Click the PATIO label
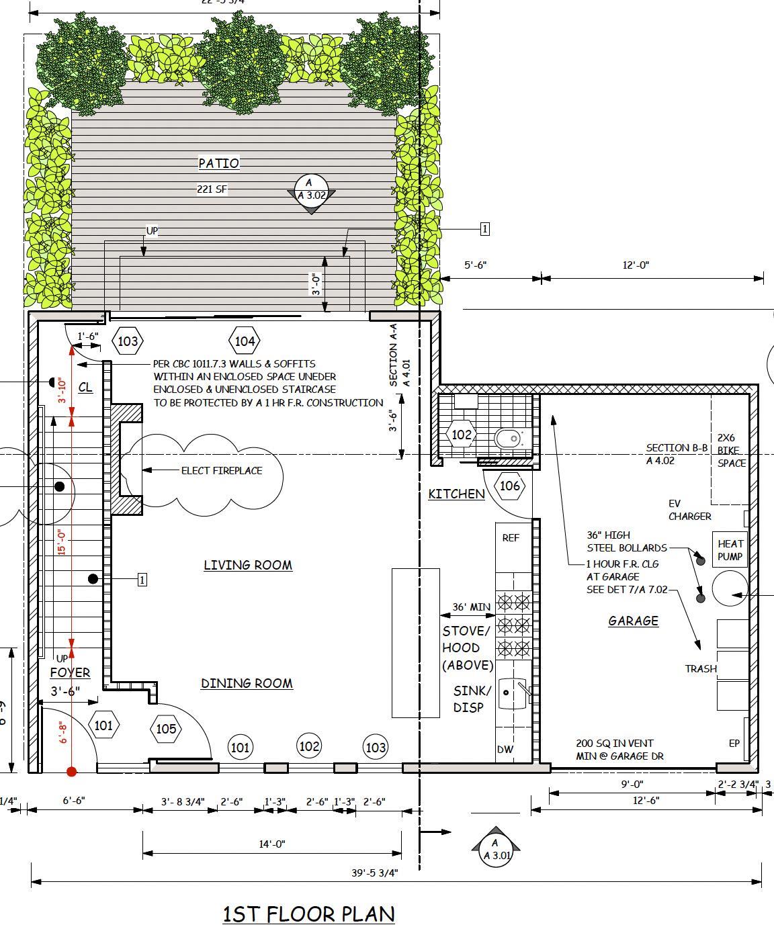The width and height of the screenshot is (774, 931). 219,163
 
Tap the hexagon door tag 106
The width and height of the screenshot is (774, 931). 510,486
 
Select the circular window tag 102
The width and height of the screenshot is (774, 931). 308,746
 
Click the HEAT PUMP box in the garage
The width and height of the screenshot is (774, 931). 730,549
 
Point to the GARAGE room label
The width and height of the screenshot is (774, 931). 633,621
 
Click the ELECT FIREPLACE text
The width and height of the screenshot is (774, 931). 222,470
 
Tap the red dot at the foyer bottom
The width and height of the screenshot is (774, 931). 72,772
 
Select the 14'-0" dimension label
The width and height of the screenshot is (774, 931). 272,844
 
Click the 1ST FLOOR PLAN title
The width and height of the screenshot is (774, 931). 308,914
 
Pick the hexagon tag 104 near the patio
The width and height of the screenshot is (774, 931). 245,341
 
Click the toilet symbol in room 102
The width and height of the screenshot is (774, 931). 509,439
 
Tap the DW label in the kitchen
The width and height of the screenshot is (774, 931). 505,750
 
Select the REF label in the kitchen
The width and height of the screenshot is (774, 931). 511,538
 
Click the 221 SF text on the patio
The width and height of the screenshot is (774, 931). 212,189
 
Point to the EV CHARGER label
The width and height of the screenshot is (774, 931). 689,510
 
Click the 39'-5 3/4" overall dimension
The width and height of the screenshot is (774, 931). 374,873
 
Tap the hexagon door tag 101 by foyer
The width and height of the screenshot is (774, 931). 103,725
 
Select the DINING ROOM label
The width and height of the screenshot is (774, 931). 247,683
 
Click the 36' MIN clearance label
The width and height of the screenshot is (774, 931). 471,607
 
